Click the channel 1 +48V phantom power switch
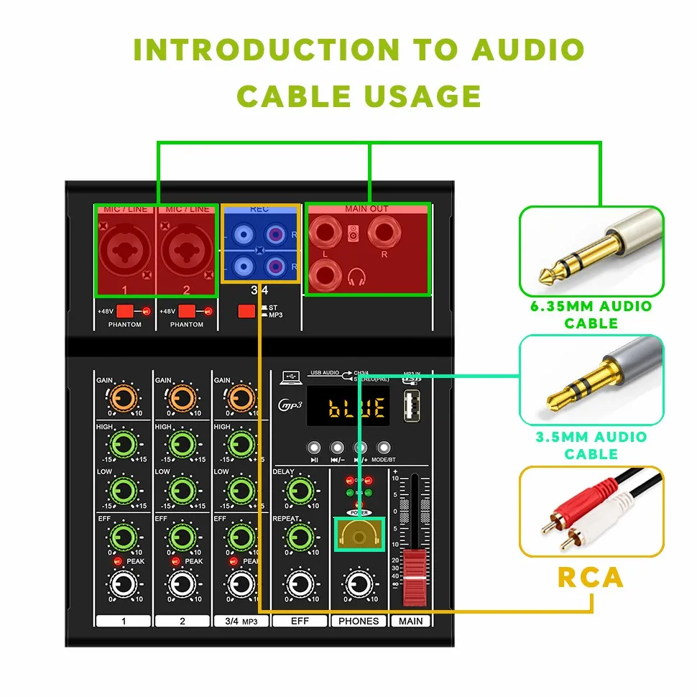125,311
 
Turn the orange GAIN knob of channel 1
123,396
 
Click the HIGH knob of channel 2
183,444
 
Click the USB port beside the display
412,406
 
